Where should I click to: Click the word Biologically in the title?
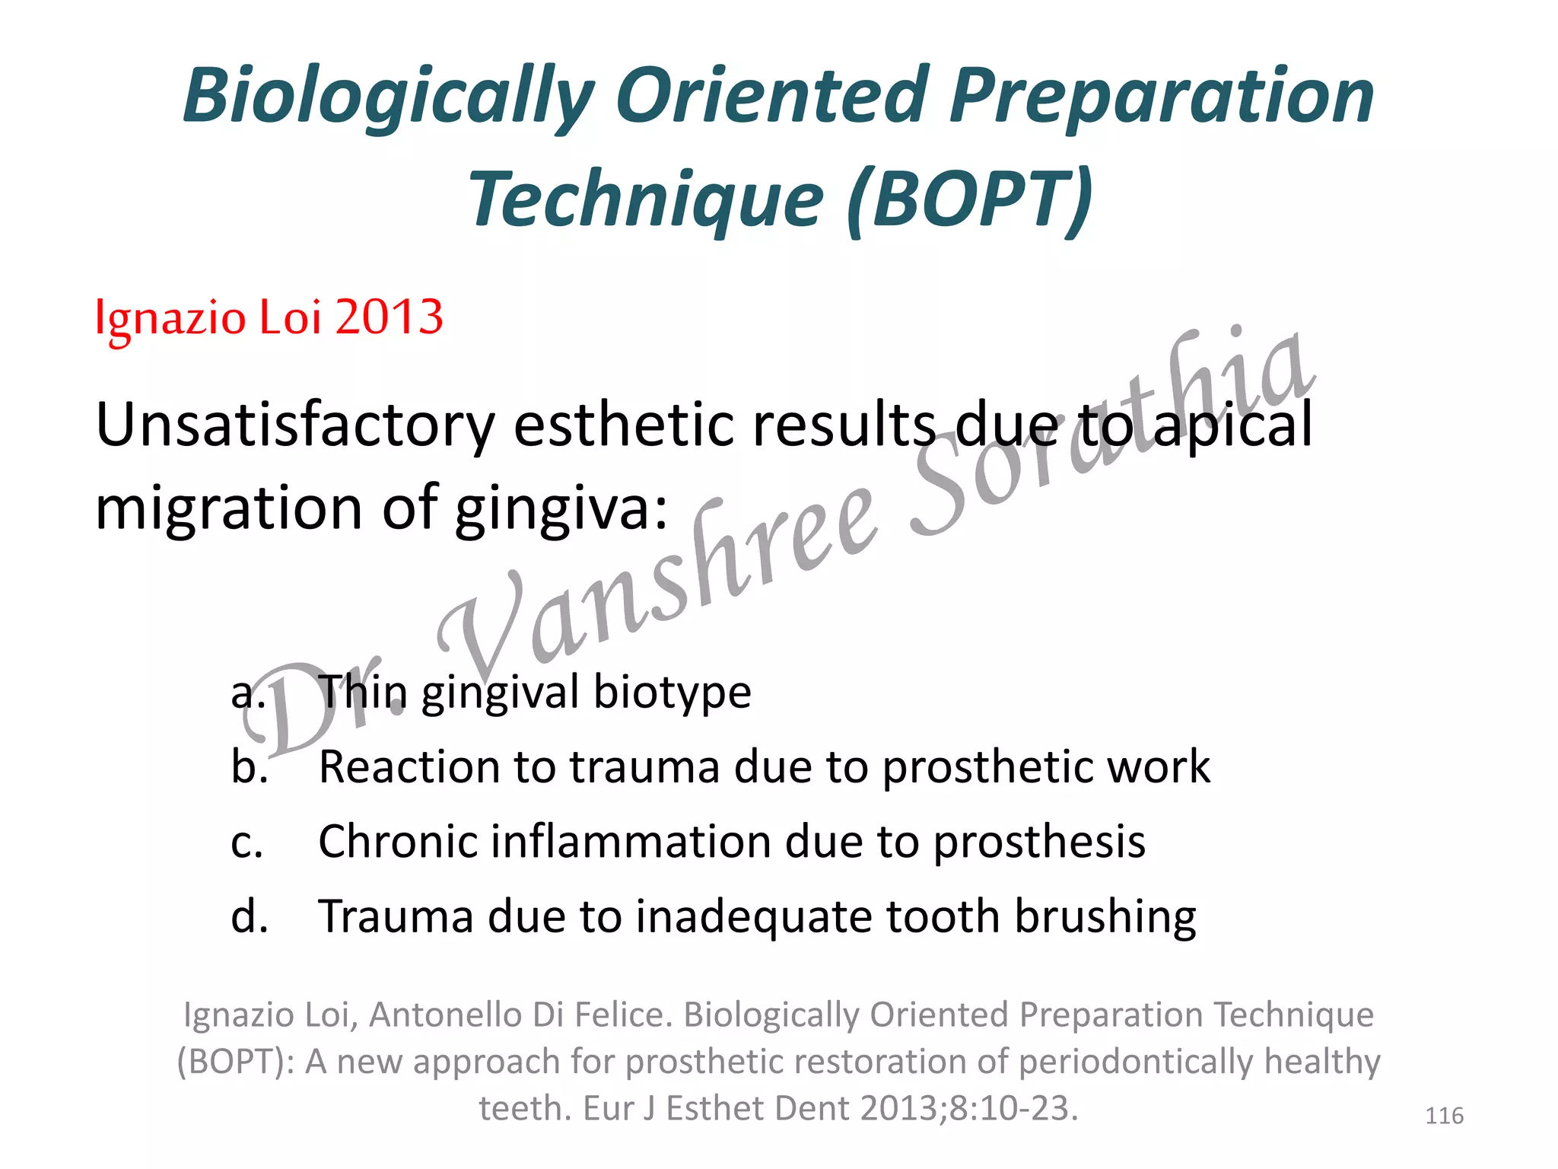[x=388, y=97]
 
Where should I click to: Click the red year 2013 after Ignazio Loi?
[x=389, y=317]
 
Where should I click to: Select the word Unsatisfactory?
[x=295, y=425]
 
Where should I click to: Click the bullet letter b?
[x=249, y=766]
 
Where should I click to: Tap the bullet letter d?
[x=249, y=916]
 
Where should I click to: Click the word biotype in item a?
[x=672, y=693]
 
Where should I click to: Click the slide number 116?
[x=1443, y=1116]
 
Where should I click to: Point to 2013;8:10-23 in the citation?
[x=968, y=1108]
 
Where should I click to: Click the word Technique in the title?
[x=647, y=199]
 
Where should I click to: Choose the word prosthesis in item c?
[x=1038, y=841]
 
